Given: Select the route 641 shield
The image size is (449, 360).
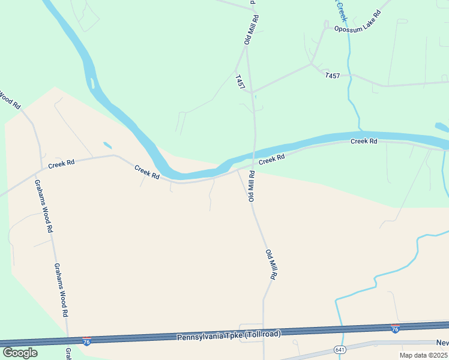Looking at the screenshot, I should (340, 349).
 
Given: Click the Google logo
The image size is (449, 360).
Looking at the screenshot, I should (20, 352).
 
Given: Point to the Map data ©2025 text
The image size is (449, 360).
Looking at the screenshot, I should (423, 355).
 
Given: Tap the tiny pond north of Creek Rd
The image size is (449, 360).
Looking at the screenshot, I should (107, 145).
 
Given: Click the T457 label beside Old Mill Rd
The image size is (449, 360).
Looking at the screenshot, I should (240, 83).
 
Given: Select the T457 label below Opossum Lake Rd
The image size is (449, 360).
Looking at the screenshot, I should (332, 76).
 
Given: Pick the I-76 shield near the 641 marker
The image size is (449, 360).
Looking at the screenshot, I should (394, 329).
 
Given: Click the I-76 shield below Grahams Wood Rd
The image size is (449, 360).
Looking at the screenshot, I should (87, 341).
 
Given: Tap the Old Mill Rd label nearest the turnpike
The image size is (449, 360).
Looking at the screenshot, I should (271, 265).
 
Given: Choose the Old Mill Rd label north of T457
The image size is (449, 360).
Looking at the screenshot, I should (251, 29).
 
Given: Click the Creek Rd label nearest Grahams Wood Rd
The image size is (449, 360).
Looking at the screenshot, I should (61, 163).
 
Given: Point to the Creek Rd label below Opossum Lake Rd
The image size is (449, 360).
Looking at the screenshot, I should (364, 141).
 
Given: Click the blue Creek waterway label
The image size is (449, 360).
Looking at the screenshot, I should (342, 10).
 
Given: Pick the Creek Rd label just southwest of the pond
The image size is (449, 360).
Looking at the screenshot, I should (147, 173).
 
